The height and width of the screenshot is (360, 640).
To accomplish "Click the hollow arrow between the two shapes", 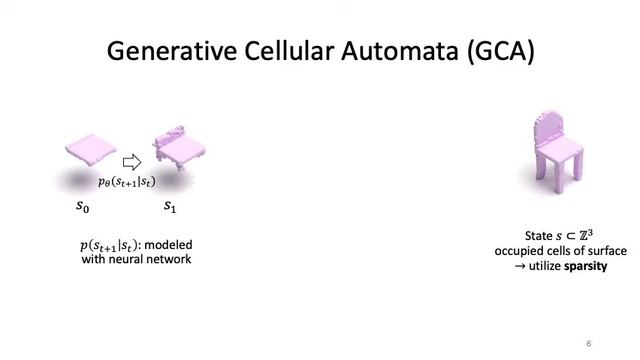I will (132, 162).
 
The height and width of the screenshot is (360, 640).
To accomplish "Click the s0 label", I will (83, 207).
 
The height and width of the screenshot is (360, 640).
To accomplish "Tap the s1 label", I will (170, 207).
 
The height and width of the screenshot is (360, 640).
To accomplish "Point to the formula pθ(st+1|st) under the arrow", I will (126, 181).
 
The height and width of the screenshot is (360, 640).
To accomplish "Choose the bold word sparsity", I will (585, 267).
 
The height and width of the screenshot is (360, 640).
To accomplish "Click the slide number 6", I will (589, 343).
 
